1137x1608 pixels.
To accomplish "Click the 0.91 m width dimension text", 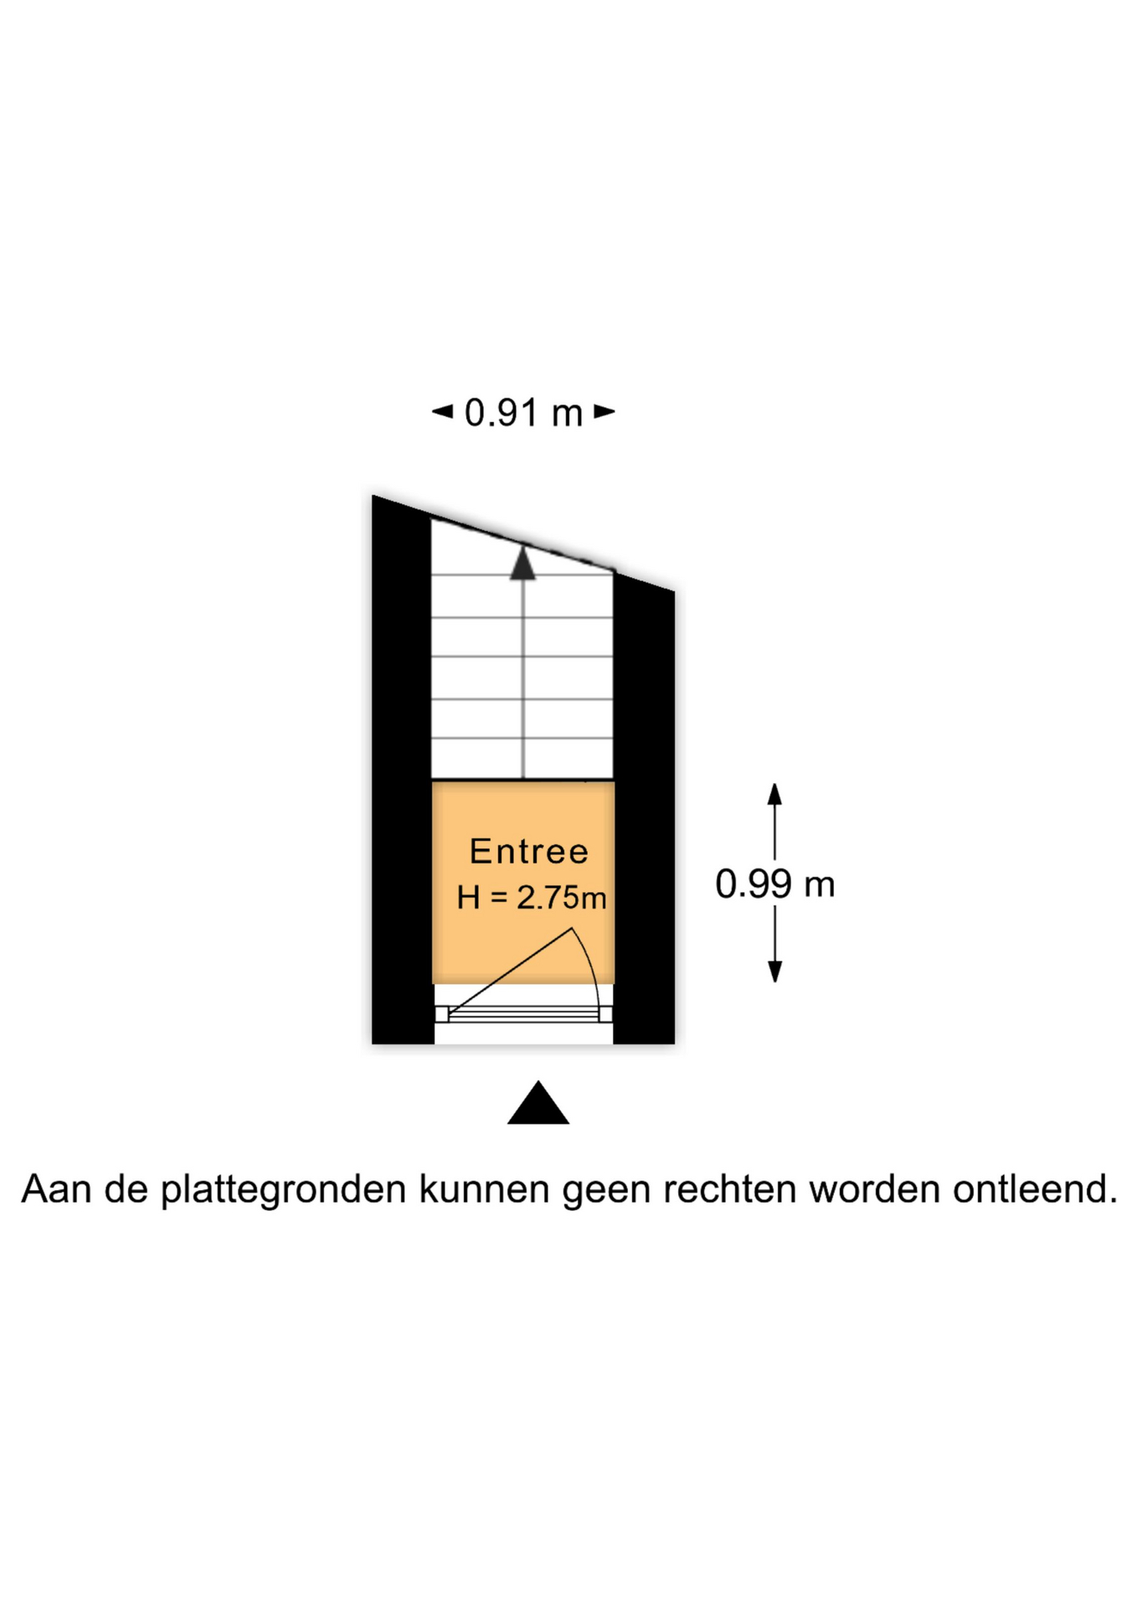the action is point(523,413).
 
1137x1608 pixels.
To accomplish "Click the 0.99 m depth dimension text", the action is point(775,884).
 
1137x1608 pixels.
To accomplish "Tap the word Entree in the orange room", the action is point(529,852).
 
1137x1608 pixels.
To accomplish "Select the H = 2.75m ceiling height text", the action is point(532,898).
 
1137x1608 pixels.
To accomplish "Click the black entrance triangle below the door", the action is point(538,1102).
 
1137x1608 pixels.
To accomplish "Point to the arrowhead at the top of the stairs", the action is point(523,563).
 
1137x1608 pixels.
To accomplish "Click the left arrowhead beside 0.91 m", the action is point(442,411).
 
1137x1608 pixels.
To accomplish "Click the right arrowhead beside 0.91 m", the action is point(605,411).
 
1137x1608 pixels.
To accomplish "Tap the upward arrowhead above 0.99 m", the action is point(775,794).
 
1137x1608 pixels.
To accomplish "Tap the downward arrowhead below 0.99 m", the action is point(775,971).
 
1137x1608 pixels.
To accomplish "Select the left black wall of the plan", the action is point(402,770).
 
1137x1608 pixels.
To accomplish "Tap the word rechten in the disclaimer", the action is point(729,1189).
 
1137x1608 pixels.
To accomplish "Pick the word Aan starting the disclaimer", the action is point(56,1189).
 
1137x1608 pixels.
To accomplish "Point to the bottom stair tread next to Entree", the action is point(522,759).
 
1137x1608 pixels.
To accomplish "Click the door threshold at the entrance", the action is point(523,1014).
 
